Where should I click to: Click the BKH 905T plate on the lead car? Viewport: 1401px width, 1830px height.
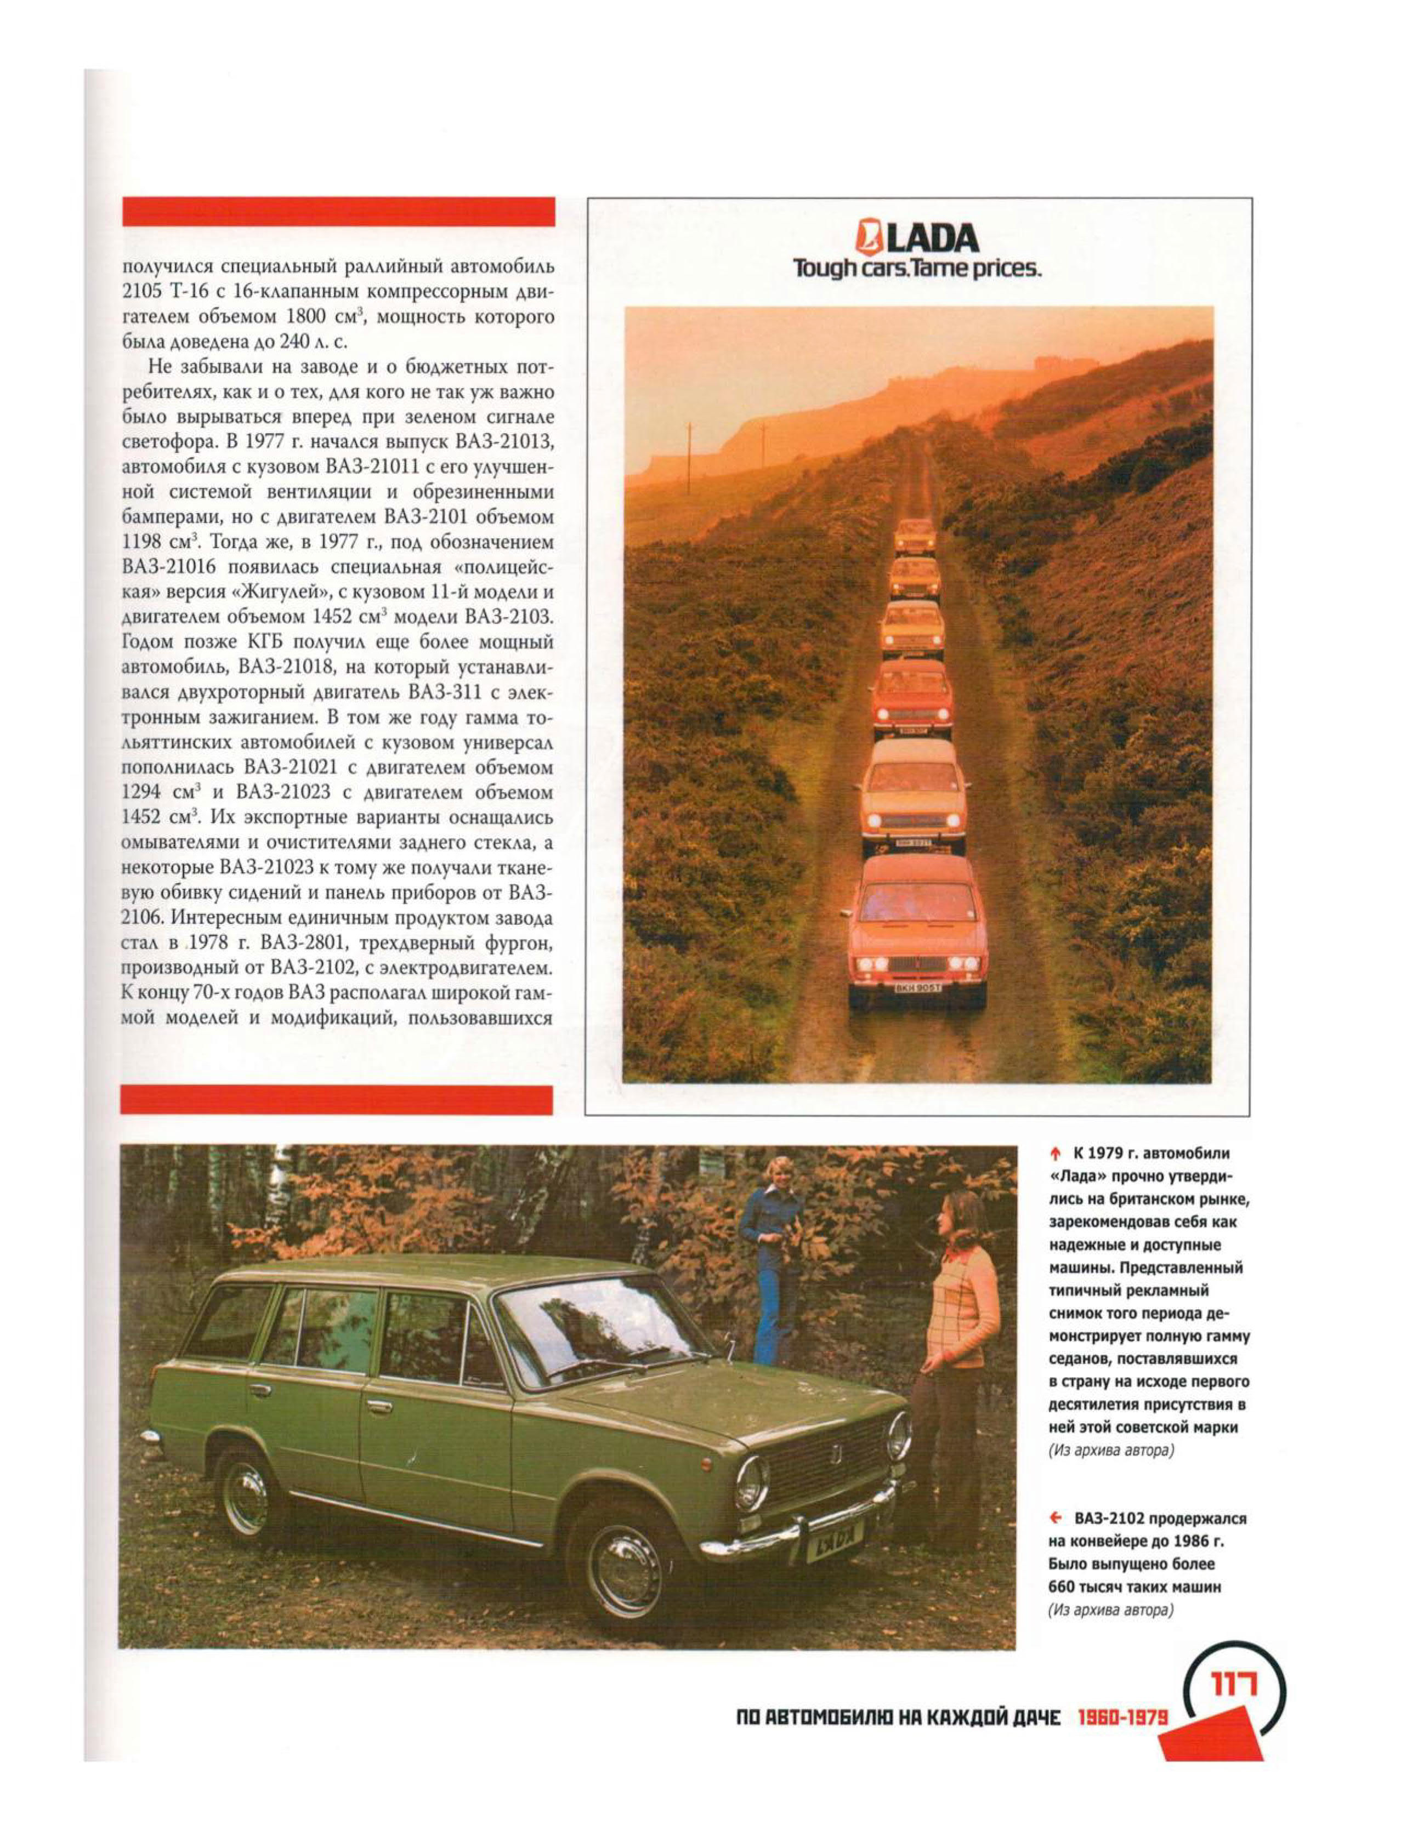tap(917, 988)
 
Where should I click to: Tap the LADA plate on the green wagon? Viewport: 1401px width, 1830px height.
tap(835, 1533)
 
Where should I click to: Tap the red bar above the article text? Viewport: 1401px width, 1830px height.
tap(338, 212)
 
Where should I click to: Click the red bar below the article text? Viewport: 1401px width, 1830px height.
tap(337, 1100)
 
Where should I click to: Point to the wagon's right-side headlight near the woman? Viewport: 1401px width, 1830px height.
tap(898, 1434)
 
